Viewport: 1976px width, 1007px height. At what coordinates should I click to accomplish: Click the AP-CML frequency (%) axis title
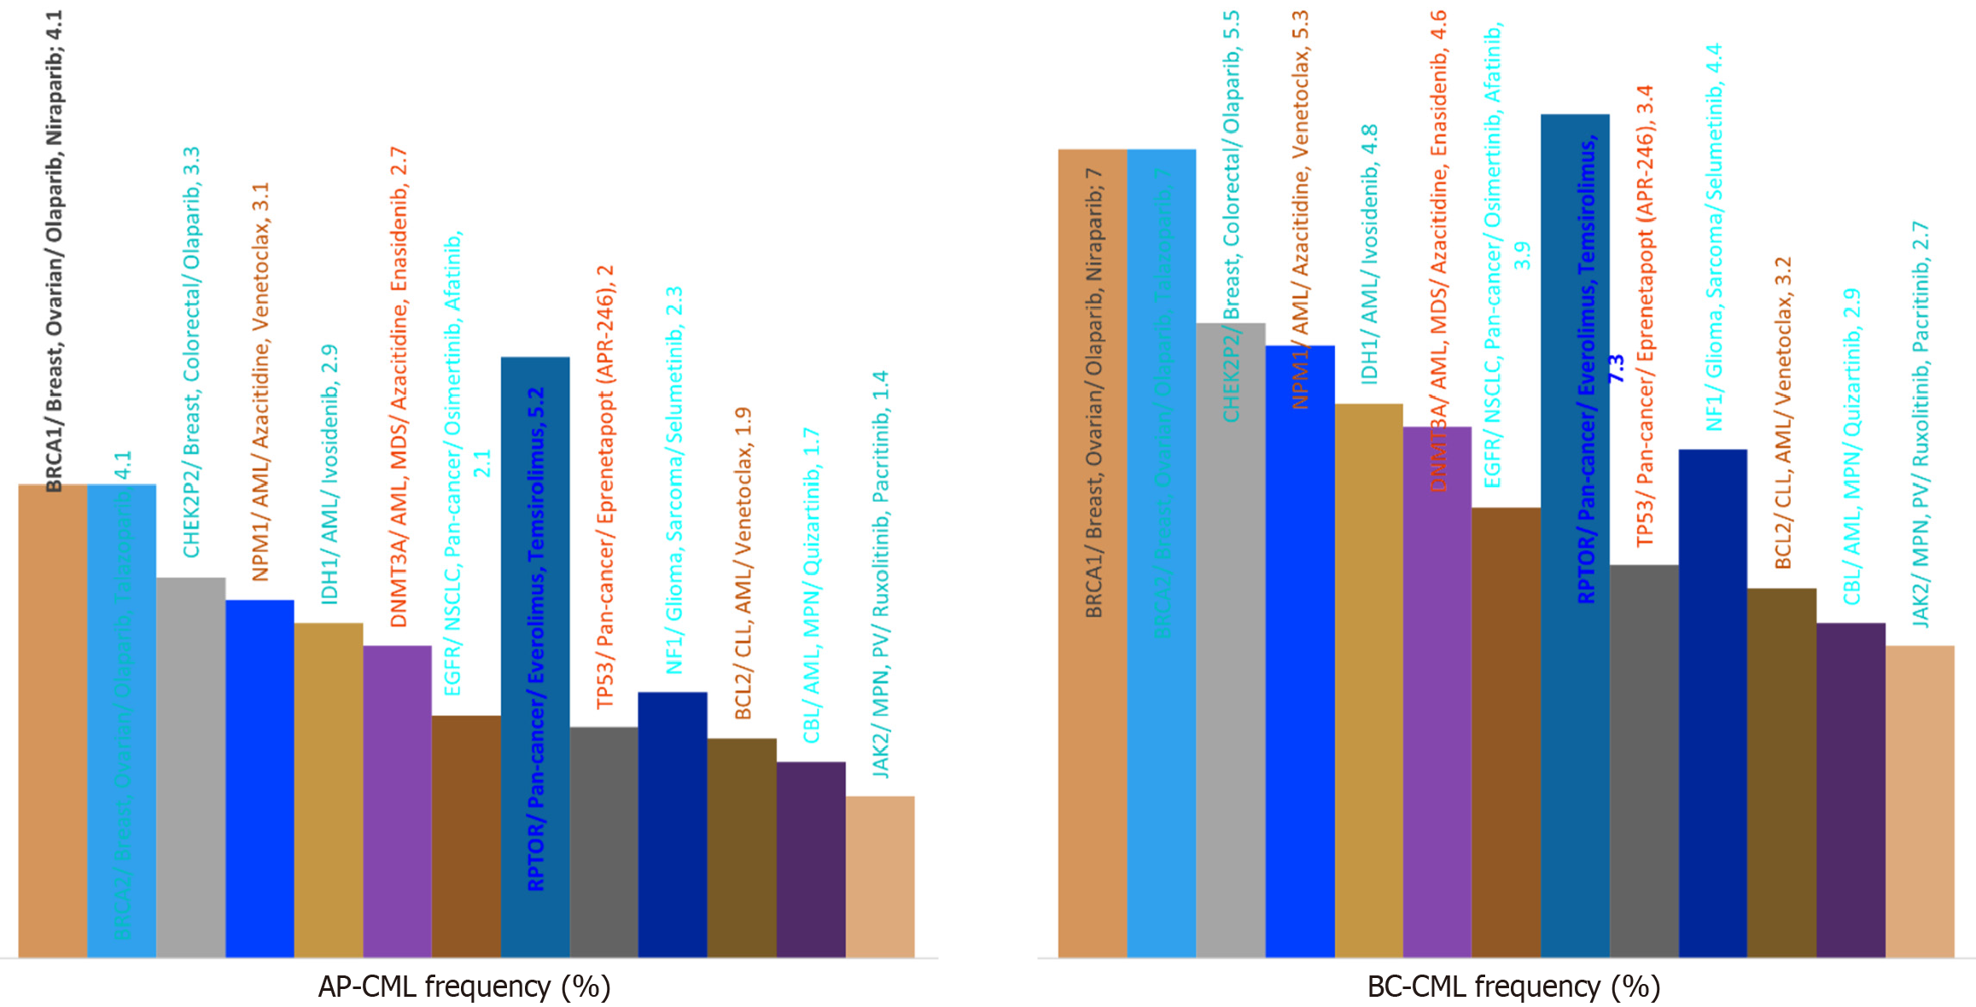[x=464, y=987]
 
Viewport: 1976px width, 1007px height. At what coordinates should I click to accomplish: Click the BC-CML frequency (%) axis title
[x=1513, y=987]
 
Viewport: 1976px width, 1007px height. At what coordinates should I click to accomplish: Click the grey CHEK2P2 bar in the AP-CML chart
[x=191, y=767]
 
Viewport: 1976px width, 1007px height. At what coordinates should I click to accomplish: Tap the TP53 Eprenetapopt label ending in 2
[x=605, y=486]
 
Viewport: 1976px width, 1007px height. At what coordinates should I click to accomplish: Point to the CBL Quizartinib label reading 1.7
[x=812, y=585]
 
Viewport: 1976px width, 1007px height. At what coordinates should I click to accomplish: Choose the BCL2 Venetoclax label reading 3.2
[x=1782, y=413]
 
